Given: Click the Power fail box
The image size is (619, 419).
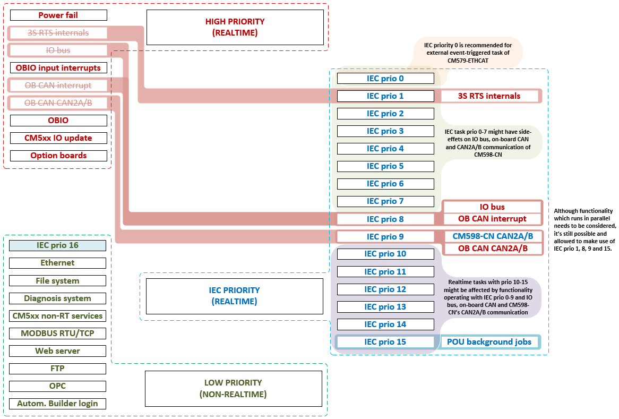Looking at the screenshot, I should [x=58, y=15].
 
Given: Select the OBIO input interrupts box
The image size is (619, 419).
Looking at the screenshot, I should [x=58, y=68].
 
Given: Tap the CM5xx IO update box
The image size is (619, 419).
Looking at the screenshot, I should [x=58, y=138].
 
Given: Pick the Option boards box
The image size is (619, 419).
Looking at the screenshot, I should [x=58, y=156].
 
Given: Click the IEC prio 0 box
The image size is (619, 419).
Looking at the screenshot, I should [x=385, y=79].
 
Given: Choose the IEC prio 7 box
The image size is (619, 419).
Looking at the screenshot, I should [x=385, y=201].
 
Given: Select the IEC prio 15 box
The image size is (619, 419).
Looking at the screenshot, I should [x=385, y=342].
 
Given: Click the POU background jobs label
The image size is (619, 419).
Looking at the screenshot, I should [x=489, y=342].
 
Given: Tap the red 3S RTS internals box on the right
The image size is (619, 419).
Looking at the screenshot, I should [x=489, y=96].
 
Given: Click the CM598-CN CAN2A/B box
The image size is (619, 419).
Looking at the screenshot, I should [x=492, y=236].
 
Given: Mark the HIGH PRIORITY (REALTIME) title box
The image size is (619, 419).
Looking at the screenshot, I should [x=235, y=27].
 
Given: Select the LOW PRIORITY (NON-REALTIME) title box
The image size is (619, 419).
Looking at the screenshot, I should [x=233, y=388].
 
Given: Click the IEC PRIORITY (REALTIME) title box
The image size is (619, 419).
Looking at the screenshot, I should [x=234, y=296].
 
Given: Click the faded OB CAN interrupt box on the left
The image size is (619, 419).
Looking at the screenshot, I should [x=58, y=85].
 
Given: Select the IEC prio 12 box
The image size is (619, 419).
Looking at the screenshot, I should [x=385, y=289].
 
